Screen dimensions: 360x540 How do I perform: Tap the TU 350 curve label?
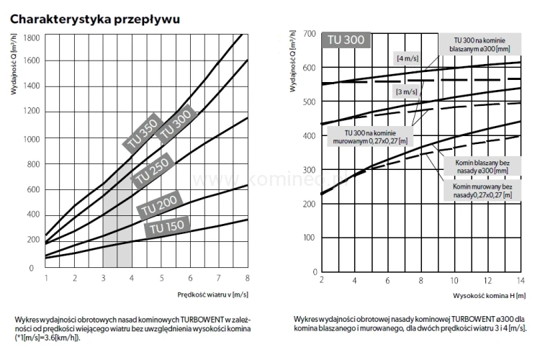pyautogui.click(x=141, y=132)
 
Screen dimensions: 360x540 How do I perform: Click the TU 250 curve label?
pyautogui.click(x=152, y=168)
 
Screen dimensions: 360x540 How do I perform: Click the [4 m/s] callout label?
pyautogui.click(x=408, y=57)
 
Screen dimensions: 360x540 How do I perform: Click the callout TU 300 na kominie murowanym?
pyautogui.click(x=369, y=137)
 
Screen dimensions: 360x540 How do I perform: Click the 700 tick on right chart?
pyautogui.click(x=308, y=34)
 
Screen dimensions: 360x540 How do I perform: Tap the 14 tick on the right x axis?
pyautogui.click(x=520, y=281)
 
